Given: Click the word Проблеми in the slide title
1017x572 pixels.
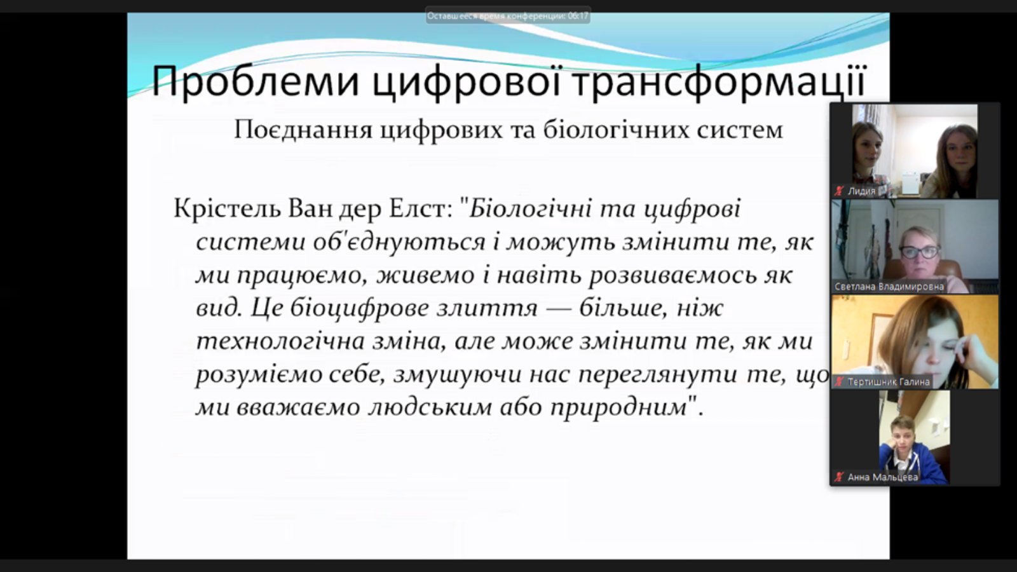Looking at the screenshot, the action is (x=255, y=81).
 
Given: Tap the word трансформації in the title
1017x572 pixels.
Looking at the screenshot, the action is (x=718, y=81).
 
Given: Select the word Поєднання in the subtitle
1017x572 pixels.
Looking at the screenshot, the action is (x=303, y=130).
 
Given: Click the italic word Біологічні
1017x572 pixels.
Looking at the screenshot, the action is (x=530, y=209).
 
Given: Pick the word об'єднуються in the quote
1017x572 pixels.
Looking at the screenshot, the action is (x=399, y=242).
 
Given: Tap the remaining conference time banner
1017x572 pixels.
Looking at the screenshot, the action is (x=508, y=17).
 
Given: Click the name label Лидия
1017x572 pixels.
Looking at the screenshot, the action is (x=861, y=191).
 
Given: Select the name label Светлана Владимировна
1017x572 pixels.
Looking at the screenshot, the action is (x=889, y=287).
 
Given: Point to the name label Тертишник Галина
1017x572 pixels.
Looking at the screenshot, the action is (x=889, y=382).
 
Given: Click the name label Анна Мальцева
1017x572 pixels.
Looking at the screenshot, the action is (x=883, y=477).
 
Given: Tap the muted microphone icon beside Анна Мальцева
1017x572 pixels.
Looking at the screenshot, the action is (x=839, y=477).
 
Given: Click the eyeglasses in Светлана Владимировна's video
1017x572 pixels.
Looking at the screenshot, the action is (x=920, y=252).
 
